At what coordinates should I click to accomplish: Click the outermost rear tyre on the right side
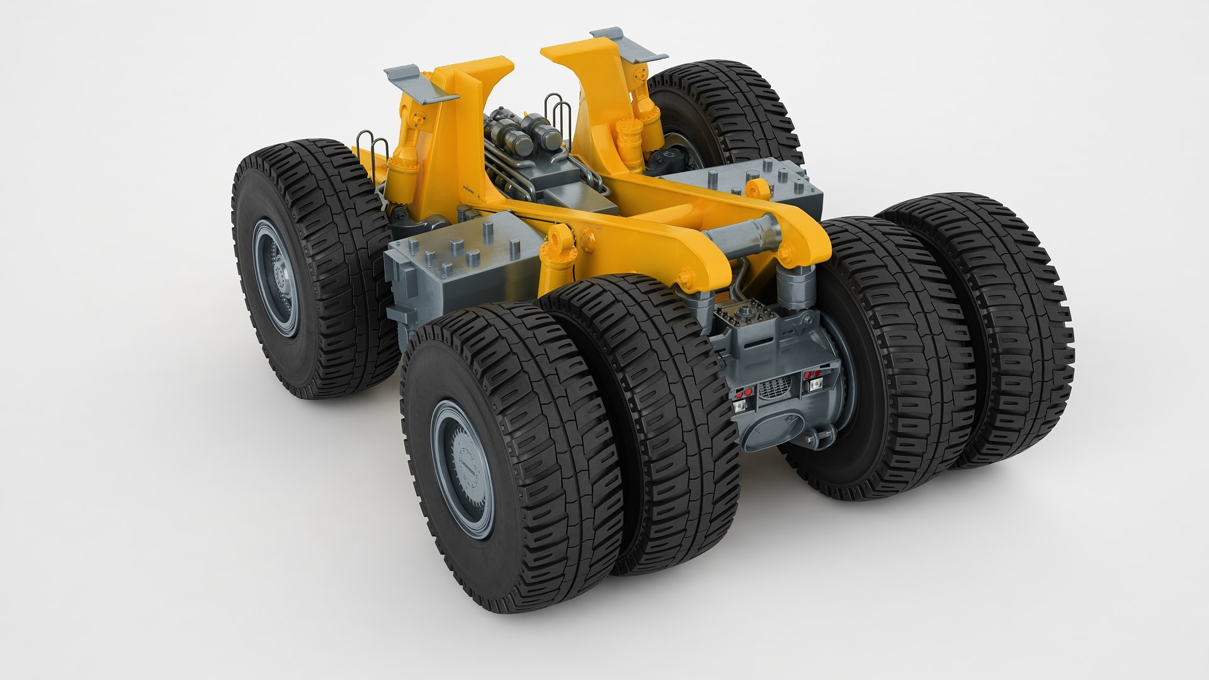[x=1001, y=327]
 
